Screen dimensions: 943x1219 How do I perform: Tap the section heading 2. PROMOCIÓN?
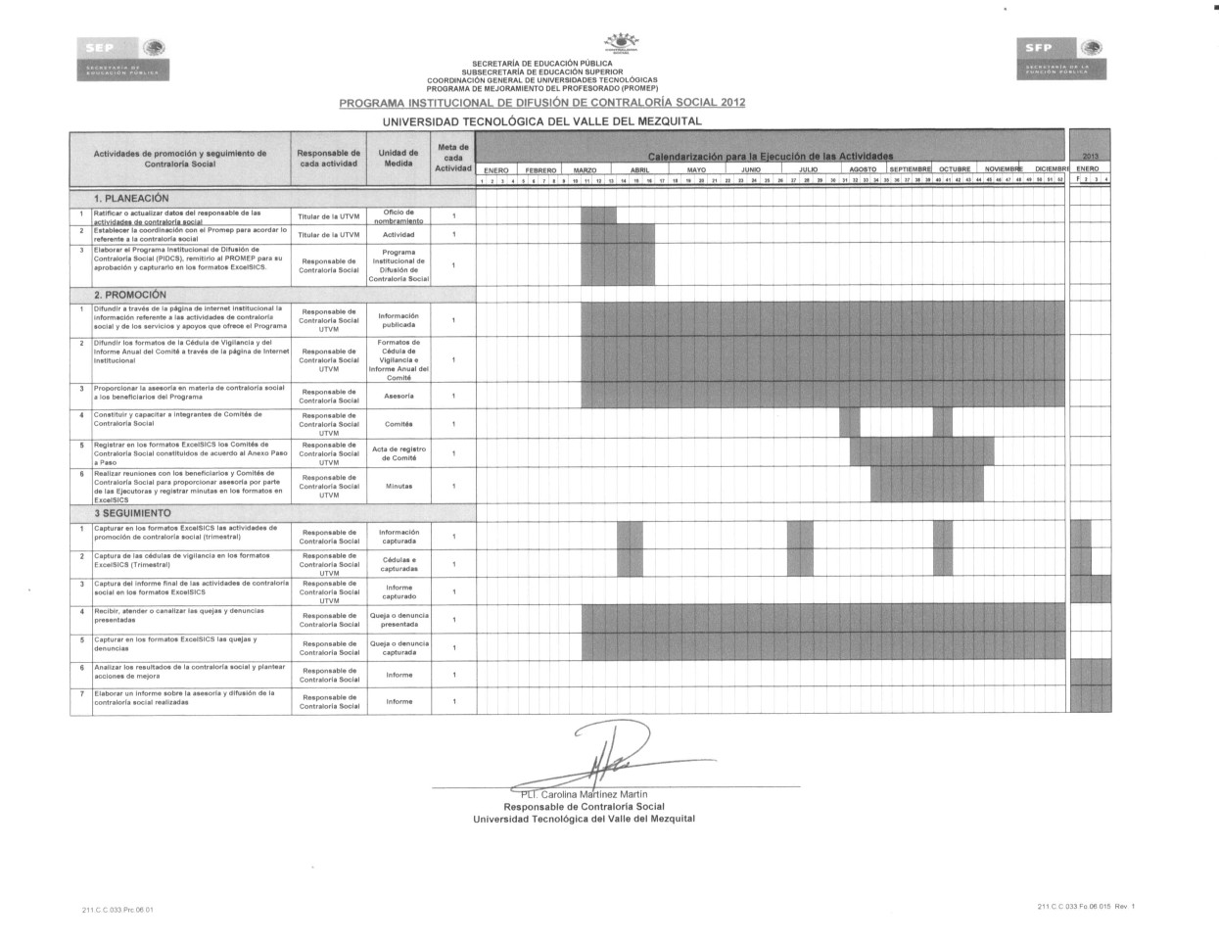point(130,294)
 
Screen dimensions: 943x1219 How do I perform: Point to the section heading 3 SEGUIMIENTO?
point(132,513)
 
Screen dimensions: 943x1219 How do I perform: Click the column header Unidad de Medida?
point(399,159)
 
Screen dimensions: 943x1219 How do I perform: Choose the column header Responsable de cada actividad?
point(329,159)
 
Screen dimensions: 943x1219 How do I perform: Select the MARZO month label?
point(585,170)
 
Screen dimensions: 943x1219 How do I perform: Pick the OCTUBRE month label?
point(954,170)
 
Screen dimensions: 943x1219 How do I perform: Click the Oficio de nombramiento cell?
point(399,216)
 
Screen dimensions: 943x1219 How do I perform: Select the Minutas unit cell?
point(399,486)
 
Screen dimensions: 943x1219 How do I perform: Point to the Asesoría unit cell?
point(399,396)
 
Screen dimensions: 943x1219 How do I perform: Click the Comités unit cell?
point(399,424)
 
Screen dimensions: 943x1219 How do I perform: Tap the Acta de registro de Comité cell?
point(399,453)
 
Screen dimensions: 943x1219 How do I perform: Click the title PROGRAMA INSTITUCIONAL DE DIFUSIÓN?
point(541,102)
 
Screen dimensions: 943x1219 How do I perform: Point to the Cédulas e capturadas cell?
point(399,564)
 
